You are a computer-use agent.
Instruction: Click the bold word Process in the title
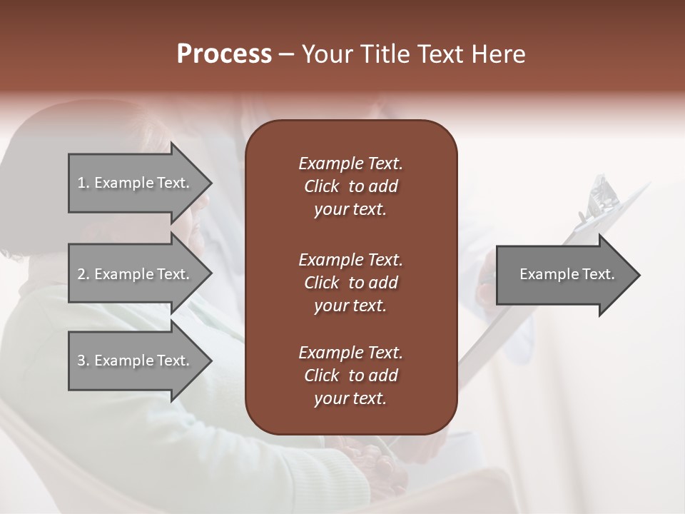(224, 54)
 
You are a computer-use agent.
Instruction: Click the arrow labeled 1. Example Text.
(133, 183)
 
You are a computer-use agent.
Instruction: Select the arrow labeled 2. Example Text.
(133, 274)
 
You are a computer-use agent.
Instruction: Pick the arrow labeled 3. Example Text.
(133, 361)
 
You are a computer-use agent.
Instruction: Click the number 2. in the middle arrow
(83, 274)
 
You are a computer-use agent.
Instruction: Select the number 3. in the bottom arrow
(83, 361)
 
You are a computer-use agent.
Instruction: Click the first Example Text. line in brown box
(350, 163)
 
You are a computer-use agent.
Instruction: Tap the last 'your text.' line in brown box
(350, 398)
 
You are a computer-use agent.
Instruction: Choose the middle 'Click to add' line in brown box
(350, 283)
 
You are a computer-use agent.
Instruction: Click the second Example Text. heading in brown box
(350, 259)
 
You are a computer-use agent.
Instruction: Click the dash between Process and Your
(287, 54)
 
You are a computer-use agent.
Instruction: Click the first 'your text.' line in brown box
(350, 210)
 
